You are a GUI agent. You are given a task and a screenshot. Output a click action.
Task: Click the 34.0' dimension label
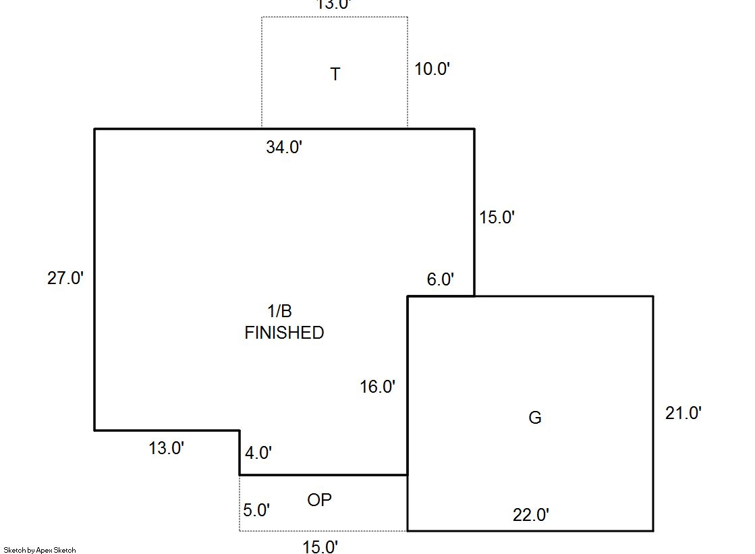(x=284, y=147)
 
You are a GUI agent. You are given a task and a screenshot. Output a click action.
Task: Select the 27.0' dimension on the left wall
(x=65, y=278)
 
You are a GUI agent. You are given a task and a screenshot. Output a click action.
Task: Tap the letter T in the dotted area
(x=335, y=74)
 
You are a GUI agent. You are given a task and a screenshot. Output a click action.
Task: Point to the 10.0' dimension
(x=432, y=69)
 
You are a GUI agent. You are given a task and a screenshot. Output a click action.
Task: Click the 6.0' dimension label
(x=441, y=279)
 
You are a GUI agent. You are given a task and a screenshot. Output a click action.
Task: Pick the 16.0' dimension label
(x=378, y=387)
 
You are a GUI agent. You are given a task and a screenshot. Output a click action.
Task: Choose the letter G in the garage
(x=534, y=418)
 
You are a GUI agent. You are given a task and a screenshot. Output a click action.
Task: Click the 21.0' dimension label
(x=683, y=413)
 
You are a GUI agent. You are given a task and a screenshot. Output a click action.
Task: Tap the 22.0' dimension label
(x=531, y=516)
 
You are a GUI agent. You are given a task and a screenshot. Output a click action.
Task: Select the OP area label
(x=320, y=500)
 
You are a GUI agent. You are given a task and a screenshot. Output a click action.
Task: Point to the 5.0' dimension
(x=256, y=510)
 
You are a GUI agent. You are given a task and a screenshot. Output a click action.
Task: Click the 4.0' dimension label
(x=258, y=453)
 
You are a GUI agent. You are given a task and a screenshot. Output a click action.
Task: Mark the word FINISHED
(x=284, y=333)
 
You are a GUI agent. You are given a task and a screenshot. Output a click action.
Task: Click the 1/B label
(x=280, y=311)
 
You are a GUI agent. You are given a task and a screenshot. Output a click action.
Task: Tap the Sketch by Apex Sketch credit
(x=40, y=550)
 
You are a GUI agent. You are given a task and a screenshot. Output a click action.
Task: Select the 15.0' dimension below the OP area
(x=320, y=547)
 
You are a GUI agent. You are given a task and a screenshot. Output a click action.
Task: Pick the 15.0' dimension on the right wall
(x=497, y=217)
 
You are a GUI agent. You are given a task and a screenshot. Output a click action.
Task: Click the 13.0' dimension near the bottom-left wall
(x=167, y=448)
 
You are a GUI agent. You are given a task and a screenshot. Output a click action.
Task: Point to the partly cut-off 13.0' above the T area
(x=333, y=5)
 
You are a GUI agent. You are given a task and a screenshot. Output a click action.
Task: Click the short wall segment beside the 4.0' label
(x=240, y=453)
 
